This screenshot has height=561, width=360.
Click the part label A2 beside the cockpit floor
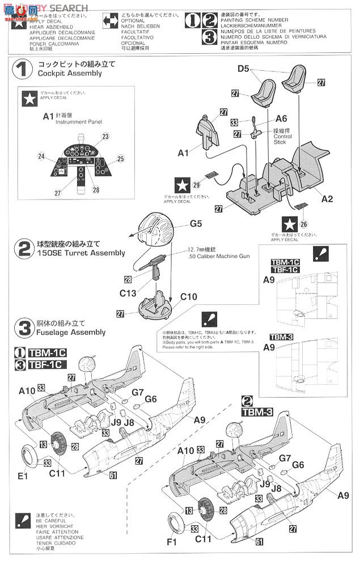[x=327, y=199]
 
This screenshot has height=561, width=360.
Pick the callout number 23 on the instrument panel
[x=105, y=136]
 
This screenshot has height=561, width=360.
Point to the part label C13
[x=128, y=292]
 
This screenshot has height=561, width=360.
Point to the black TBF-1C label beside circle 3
[x=43, y=364]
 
